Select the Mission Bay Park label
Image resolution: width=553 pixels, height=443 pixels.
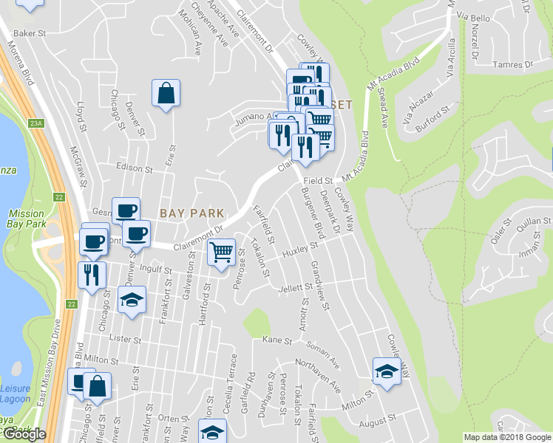[26, 219]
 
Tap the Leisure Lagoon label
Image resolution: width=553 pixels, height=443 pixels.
[15, 394]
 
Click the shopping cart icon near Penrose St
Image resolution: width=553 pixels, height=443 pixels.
[221, 253]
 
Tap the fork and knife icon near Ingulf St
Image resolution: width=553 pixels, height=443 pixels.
[91, 275]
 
